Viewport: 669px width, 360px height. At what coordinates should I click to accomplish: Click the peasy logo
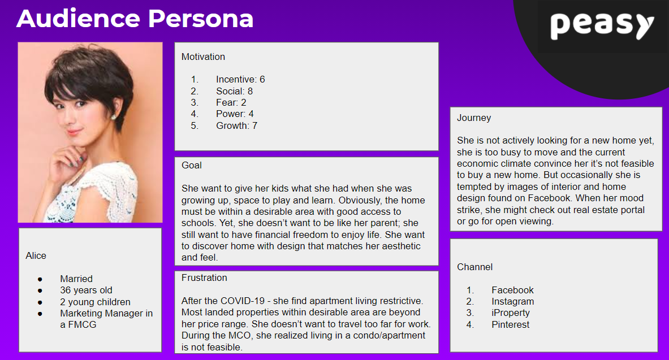602,25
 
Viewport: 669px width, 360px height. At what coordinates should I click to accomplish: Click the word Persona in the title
201,19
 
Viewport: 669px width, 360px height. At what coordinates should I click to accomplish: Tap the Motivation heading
203,57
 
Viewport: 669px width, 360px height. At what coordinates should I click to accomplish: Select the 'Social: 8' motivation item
234,91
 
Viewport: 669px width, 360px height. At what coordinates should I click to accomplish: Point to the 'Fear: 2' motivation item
231,102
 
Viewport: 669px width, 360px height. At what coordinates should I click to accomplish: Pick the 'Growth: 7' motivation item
236,125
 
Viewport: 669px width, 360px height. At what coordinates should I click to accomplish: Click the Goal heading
192,166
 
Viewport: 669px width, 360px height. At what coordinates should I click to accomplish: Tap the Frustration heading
204,277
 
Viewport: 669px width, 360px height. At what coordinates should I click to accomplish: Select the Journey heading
474,118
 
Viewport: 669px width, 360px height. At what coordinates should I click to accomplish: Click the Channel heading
475,267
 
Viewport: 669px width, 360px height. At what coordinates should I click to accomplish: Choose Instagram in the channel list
512,302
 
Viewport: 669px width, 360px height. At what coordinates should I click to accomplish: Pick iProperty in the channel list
510,313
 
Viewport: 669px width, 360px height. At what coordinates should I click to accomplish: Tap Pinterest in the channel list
510,324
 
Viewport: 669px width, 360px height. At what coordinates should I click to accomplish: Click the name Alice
36,255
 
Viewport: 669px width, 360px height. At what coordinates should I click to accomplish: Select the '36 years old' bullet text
86,290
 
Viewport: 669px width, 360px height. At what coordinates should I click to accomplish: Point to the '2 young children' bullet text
95,302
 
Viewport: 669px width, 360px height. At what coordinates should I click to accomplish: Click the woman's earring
114,116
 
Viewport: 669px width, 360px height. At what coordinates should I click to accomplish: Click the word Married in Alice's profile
76,279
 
